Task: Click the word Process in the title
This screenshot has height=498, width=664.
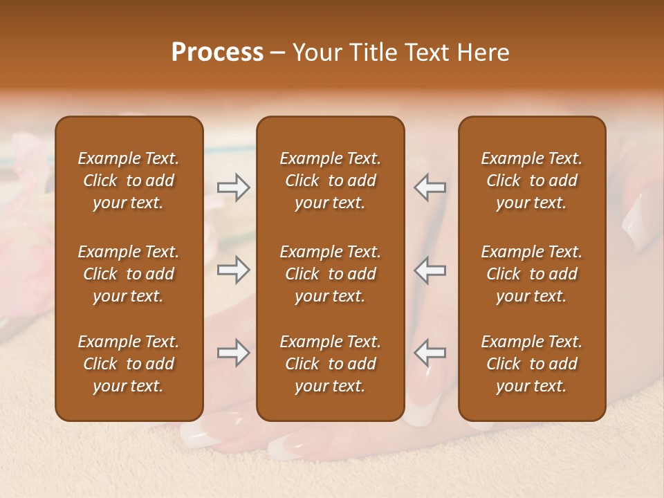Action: click(217, 53)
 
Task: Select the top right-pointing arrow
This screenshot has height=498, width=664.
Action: click(233, 187)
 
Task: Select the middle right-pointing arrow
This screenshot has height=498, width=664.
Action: click(233, 270)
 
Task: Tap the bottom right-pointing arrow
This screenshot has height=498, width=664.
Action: click(233, 353)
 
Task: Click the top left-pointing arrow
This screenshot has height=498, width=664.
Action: click(430, 187)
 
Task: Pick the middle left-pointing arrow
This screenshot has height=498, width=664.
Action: click(430, 270)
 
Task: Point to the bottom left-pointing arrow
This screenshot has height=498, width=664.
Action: click(430, 353)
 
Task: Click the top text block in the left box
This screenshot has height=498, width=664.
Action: click(129, 181)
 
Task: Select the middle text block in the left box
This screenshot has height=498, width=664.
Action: click(129, 274)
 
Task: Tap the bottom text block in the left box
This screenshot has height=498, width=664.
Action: click(129, 364)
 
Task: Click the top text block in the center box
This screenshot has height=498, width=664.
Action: click(330, 181)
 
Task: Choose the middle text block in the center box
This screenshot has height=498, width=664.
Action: click(330, 274)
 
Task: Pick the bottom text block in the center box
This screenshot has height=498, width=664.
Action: click(330, 364)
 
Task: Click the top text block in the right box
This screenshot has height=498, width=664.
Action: click(531, 181)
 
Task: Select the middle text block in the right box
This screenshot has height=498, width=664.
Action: click(531, 274)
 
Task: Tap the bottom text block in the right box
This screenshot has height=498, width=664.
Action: click(531, 364)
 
